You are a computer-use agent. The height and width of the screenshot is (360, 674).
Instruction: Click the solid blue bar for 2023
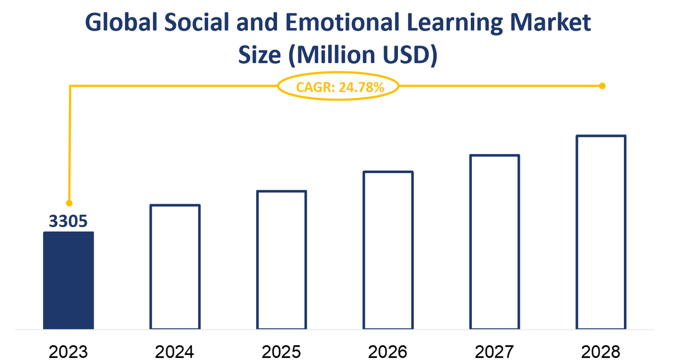[68, 280]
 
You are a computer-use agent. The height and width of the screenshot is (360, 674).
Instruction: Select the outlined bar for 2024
[175, 267]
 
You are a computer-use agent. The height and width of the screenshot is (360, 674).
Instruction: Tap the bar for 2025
[281, 260]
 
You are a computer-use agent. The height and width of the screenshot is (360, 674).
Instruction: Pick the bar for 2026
[388, 250]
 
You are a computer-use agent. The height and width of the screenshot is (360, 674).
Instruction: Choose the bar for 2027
[495, 242]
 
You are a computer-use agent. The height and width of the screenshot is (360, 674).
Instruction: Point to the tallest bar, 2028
[601, 232]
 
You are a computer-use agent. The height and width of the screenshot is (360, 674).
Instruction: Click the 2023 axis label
[68, 352]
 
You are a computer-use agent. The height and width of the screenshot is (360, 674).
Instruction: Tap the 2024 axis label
[175, 352]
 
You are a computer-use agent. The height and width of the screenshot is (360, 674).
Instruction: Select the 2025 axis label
[281, 352]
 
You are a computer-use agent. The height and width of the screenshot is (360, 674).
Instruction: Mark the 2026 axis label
[388, 352]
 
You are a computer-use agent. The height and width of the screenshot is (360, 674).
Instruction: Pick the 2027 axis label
[495, 352]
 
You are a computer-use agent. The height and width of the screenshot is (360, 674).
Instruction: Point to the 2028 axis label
[601, 352]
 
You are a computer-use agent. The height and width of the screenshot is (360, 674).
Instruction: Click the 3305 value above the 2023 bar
[68, 221]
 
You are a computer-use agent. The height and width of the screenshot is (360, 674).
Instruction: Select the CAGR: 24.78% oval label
[338, 87]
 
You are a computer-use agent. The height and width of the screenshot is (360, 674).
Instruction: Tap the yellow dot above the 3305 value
[69, 203]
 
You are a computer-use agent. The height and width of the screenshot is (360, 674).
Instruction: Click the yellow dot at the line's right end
[602, 86]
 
